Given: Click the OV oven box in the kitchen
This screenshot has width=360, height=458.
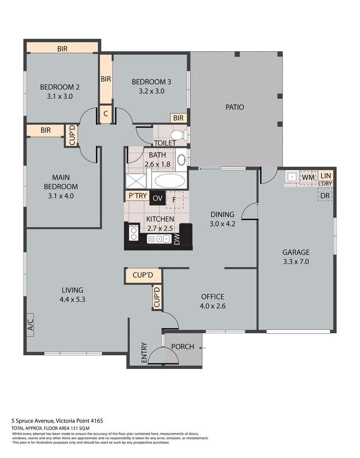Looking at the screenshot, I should (x=157, y=198).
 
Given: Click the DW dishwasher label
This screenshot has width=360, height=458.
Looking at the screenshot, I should (x=177, y=239).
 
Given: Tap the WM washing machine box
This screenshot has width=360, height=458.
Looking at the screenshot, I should (x=308, y=176).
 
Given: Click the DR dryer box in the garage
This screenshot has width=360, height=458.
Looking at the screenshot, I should (x=325, y=195).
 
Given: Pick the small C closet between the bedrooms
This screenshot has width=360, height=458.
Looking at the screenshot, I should (x=106, y=114).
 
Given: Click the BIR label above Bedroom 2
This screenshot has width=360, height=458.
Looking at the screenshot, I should (x=63, y=49).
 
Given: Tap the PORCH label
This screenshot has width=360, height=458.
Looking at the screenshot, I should (x=183, y=347).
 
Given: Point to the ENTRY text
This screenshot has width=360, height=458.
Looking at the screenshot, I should (x=144, y=352).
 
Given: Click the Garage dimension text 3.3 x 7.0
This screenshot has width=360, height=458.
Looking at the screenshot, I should (x=296, y=262).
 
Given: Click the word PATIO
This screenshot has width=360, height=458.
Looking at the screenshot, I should (x=234, y=107).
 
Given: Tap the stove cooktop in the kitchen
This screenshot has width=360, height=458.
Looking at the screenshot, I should (x=133, y=235).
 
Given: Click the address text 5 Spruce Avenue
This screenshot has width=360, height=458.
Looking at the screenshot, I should (x=33, y=421).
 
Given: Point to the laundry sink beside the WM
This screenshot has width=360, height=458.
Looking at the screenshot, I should (x=292, y=176).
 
